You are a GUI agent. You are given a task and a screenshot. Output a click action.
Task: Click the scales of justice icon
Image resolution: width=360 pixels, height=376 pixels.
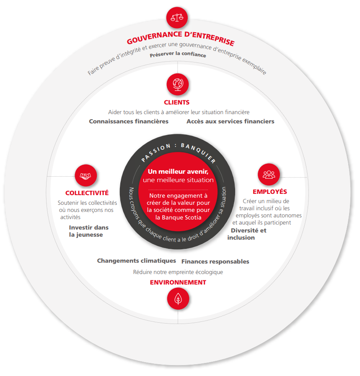pos(177,18)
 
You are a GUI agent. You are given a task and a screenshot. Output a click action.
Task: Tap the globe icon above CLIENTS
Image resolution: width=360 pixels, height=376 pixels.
pos(178,84)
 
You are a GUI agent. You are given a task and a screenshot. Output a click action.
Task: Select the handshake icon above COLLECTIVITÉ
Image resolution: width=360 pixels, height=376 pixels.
pos(86,176)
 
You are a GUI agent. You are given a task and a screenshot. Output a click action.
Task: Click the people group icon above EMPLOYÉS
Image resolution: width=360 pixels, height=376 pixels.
pos(269,174)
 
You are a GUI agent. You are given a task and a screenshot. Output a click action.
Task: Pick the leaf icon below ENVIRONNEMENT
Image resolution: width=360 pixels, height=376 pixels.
pos(178,298)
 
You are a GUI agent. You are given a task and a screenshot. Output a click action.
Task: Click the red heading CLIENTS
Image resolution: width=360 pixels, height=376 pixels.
pos(177,102)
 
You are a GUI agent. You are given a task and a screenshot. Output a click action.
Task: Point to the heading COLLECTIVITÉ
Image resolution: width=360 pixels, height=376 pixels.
pos(87,193)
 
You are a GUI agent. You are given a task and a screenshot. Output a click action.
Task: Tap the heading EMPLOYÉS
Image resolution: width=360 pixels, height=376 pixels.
pos(270,192)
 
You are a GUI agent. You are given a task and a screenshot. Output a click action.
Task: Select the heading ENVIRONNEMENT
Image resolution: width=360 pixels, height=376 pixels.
pos(178,282)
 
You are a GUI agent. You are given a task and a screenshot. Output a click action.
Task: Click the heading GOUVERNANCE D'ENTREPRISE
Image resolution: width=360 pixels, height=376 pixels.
pos(180,37)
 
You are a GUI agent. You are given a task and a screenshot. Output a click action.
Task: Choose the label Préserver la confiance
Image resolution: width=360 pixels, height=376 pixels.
pos(178,54)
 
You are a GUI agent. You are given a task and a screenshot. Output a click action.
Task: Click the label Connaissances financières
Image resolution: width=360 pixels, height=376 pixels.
pos(129,121)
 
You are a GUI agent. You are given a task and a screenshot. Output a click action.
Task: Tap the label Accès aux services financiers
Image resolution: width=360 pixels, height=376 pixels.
pos(231,121)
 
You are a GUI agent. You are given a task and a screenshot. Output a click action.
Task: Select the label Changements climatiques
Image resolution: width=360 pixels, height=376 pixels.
pos(137,261)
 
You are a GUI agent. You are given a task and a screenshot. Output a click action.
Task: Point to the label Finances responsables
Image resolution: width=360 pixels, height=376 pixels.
pos(215,261)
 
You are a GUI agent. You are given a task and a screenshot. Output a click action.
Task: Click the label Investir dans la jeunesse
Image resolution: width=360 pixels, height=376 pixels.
pos(89,231)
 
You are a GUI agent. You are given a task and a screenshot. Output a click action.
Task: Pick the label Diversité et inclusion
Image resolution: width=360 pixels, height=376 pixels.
pos(247,234)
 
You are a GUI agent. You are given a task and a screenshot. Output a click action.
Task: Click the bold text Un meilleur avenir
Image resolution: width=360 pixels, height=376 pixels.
pos(178,172)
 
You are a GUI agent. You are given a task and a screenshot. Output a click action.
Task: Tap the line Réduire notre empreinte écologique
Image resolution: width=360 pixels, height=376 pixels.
pos(178,272)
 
